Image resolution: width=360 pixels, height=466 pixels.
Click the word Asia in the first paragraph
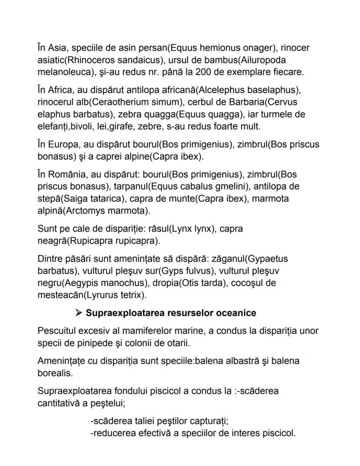pos(57,47)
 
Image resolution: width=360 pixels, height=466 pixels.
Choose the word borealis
pos(53,373)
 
